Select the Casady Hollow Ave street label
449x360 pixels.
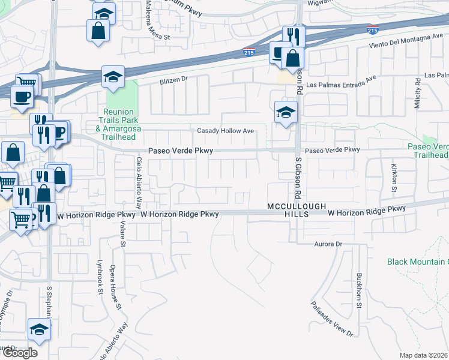[x=226, y=131]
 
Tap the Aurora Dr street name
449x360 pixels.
[x=328, y=244]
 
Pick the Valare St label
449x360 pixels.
[x=122, y=232]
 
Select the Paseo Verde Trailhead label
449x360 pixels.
[x=428, y=151]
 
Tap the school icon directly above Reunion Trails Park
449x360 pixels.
[x=112, y=77]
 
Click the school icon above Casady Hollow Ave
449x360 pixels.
[x=286, y=112]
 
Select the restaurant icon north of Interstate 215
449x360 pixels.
[x=294, y=35]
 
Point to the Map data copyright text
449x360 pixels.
[x=424, y=355]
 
